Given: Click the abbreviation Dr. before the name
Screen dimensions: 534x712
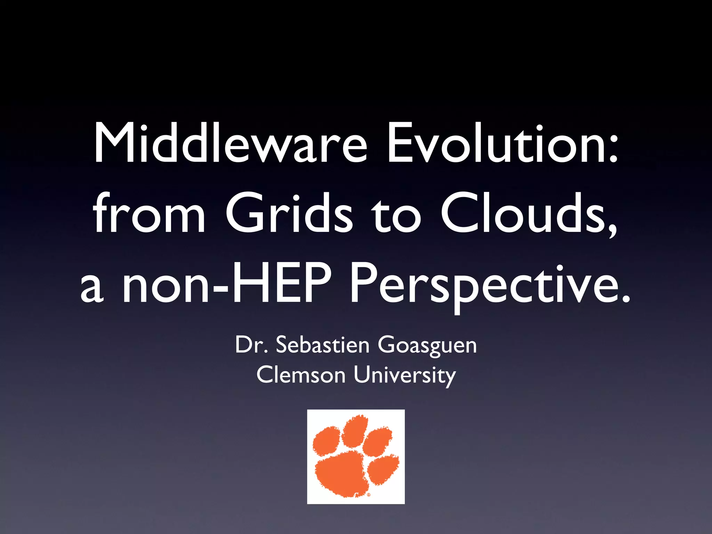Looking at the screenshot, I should pyautogui.click(x=252, y=345).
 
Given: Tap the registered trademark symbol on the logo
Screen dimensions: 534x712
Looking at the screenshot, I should pyautogui.click(x=369, y=494).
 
